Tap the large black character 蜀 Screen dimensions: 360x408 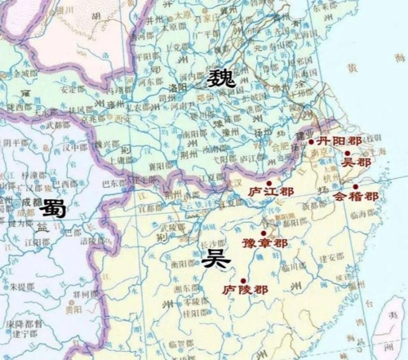(55, 209)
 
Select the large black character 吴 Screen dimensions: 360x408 (215, 260)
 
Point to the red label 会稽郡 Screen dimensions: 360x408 (357, 197)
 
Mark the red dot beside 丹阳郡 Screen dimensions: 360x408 (311, 142)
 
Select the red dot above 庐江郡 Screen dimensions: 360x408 (269, 183)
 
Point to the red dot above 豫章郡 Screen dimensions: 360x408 (263, 233)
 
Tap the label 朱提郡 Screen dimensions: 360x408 (23, 287)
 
